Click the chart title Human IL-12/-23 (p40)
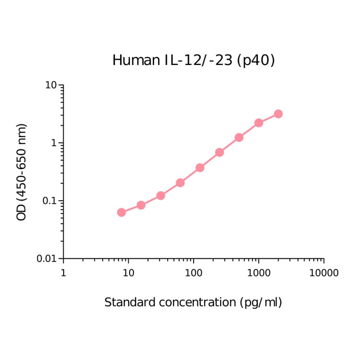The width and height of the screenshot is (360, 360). [193, 60]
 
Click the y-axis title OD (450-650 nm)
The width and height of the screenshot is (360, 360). [22, 172]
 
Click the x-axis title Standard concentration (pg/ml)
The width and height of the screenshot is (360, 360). [193, 303]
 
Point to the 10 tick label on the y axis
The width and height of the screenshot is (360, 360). [51, 85]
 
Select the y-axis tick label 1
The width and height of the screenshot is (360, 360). [54, 143]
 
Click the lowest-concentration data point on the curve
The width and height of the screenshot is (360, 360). [122, 213]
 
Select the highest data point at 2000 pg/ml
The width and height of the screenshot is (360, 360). [278, 114]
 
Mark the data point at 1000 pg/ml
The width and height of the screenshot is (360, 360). [259, 123]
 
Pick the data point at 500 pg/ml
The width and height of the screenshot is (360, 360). [239, 137]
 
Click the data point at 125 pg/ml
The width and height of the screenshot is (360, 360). [200, 167]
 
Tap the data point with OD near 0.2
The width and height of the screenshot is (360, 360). [180, 182]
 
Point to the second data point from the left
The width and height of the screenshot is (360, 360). [141, 205]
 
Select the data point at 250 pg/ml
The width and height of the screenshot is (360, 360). [219, 152]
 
